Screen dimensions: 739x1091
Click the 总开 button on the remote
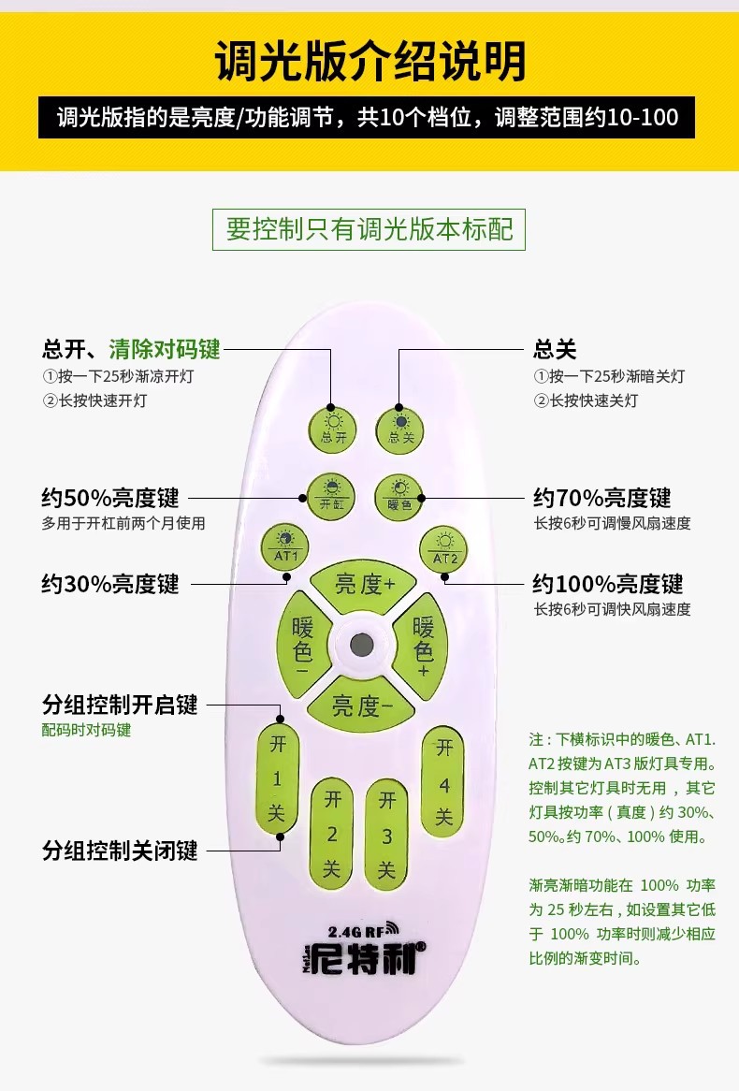[332, 427]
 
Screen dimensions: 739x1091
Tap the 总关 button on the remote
[400, 427]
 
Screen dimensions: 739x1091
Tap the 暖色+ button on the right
[424, 644]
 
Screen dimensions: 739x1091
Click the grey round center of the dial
[362, 645]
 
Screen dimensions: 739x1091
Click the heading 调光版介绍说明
[369, 61]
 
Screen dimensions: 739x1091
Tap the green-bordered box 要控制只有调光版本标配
[369, 228]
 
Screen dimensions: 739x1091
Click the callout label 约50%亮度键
[110, 497]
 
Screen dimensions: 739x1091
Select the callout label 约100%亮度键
[608, 585]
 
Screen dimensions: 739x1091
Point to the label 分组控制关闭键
[120, 851]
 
